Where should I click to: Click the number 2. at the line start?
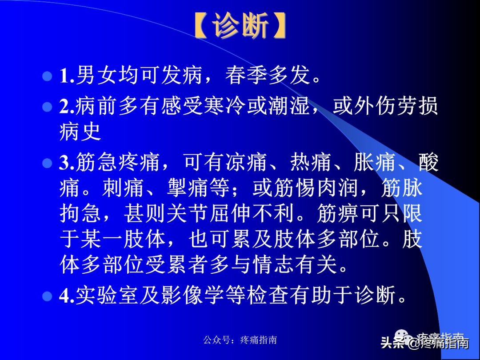tap(67, 107)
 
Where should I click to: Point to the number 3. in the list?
tap(67, 164)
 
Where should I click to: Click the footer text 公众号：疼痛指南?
tap(240, 340)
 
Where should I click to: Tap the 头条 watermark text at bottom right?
tap(392, 342)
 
